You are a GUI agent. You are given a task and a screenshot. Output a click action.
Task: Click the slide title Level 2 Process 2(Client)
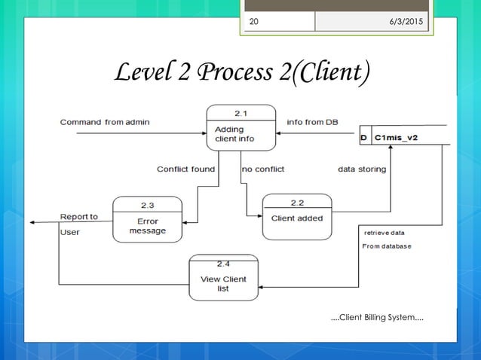[x=240, y=73]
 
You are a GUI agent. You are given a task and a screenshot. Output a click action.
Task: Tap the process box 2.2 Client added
[x=297, y=218]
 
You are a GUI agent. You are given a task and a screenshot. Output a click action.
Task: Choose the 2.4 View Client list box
[x=223, y=278]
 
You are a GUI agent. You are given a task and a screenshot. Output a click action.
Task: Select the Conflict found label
[x=185, y=169]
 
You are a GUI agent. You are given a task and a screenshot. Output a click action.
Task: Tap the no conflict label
[x=263, y=169]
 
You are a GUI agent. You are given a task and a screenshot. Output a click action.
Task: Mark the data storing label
[x=362, y=169]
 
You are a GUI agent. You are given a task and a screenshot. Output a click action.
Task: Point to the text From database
[x=387, y=246]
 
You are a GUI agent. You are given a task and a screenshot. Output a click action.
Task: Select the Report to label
[x=79, y=217]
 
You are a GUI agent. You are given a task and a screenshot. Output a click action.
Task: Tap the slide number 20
[x=253, y=21]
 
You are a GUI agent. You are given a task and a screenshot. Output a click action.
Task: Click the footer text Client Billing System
[x=377, y=319]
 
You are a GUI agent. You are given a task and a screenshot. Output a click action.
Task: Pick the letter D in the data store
[x=364, y=138]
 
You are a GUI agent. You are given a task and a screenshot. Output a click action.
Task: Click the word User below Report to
[x=70, y=232]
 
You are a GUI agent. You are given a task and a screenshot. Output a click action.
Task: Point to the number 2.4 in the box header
[x=223, y=264]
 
